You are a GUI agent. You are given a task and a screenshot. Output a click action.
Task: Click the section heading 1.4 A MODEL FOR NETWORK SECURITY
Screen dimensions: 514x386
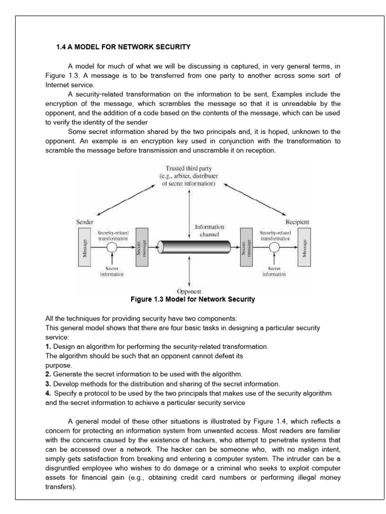pyautogui.click(x=123, y=48)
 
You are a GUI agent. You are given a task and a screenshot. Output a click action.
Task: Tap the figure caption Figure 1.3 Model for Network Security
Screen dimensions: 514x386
pyautogui.click(x=192, y=300)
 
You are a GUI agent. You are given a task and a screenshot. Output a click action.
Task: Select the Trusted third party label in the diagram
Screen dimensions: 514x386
pyautogui.click(x=188, y=176)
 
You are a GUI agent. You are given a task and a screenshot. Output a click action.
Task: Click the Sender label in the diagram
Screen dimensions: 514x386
pyautogui.click(x=84, y=221)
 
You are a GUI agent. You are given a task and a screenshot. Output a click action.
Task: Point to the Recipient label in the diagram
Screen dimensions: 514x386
pyautogui.click(x=298, y=221)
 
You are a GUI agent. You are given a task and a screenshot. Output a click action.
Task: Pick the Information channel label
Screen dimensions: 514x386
pyautogui.click(x=209, y=230)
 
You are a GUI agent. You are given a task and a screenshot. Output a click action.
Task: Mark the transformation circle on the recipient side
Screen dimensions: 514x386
pyautogui.click(x=274, y=247)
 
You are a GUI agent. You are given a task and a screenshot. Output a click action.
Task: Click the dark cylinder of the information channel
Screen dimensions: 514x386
pyautogui.click(x=194, y=247)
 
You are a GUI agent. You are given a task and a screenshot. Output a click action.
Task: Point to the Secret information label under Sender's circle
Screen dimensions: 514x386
pyautogui.click(x=112, y=272)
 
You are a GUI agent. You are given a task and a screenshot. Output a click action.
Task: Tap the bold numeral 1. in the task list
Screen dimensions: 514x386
pyautogui.click(x=48, y=346)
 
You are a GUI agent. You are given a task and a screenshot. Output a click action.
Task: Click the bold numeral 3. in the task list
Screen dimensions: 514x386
pyautogui.click(x=48, y=383)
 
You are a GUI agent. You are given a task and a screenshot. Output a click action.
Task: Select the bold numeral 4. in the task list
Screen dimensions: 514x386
pyautogui.click(x=48, y=393)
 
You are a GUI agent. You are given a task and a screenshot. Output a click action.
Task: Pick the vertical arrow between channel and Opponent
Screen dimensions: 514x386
pyautogui.click(x=189, y=273)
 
